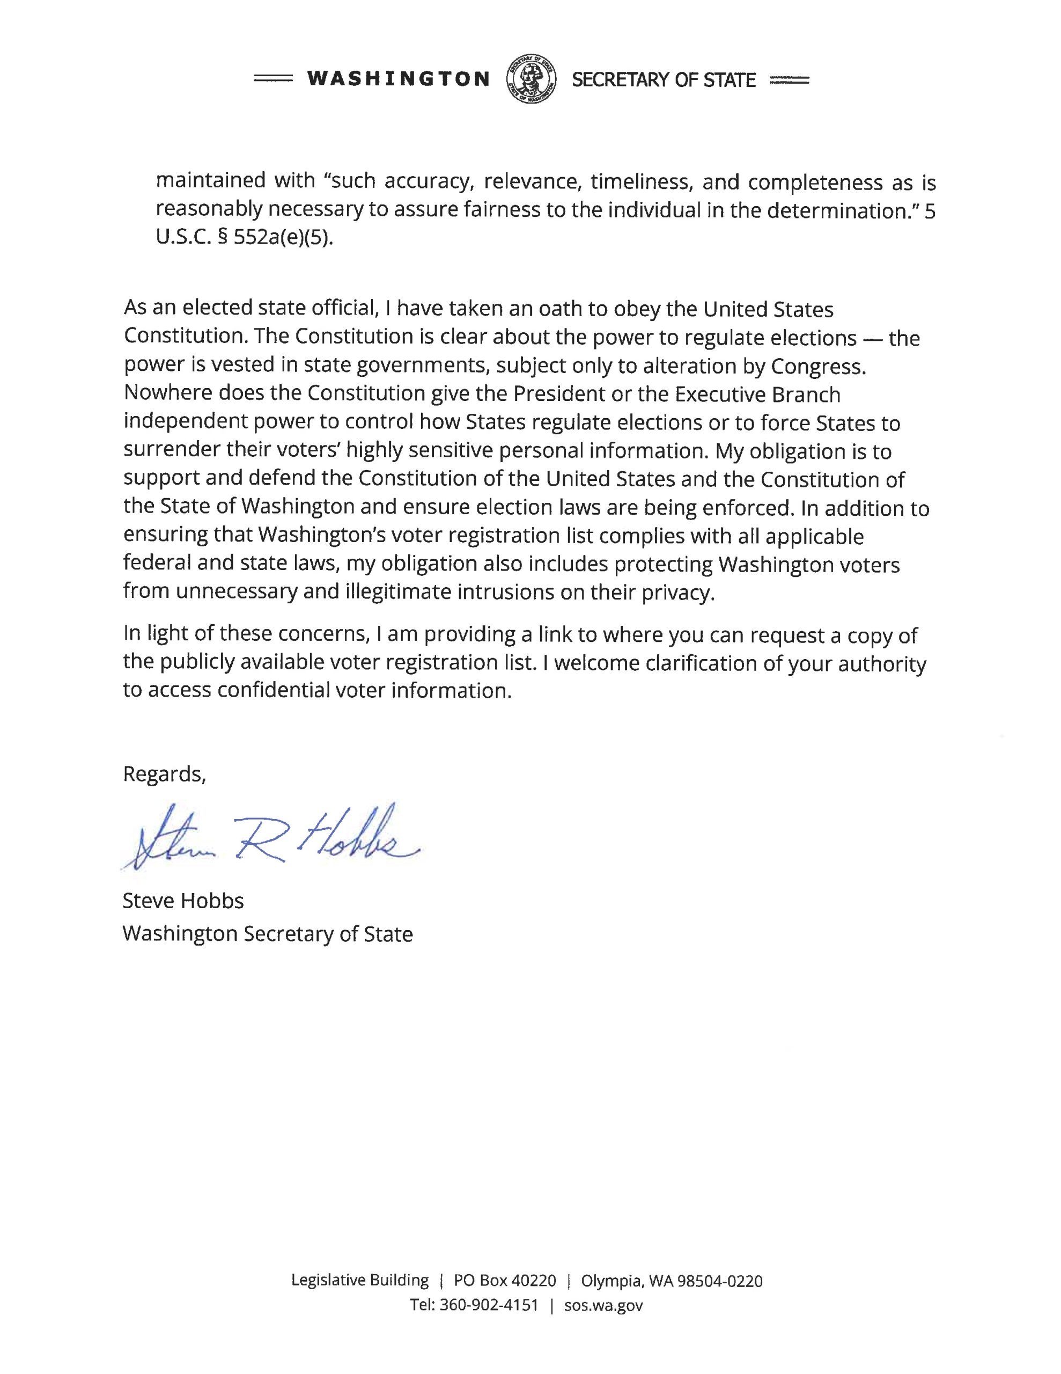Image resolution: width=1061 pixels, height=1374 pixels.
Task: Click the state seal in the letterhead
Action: pos(532,79)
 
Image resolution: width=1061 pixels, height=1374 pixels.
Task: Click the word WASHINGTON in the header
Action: pos(398,79)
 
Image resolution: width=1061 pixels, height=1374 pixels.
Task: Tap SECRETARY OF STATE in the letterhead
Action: pos(664,80)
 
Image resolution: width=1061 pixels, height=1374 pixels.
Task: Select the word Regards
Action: pos(164,774)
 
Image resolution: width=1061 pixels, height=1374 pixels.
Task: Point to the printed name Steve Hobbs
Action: pos(183,901)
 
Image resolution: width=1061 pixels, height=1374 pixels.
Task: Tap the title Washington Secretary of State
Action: pos(267,933)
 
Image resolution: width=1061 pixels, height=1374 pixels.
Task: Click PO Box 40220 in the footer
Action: pos(505,1280)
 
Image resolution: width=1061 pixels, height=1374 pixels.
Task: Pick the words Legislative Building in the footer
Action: pos(360,1280)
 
